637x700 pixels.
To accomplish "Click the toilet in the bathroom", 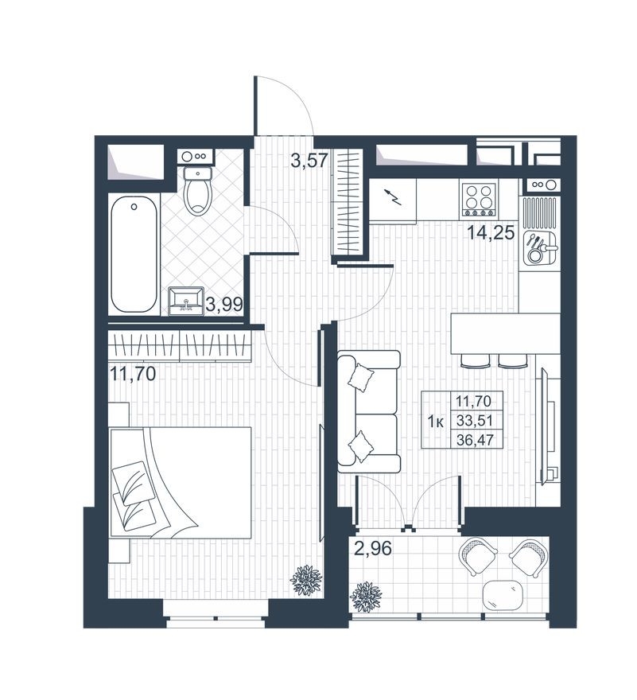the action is point(198,191).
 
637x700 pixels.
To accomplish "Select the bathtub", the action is point(134,255).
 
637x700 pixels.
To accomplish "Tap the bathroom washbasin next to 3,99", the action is point(186,301).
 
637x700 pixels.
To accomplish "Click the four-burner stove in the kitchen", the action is point(479,198).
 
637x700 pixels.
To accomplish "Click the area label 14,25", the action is point(491,233).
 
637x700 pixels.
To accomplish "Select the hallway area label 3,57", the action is point(309,160).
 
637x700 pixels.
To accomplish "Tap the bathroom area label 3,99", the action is point(224,305).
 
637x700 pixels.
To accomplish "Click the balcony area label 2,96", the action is point(373,549).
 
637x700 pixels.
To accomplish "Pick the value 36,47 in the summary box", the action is point(475,440).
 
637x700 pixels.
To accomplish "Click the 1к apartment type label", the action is point(435,422).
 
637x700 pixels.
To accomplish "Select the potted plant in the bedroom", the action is point(306,580).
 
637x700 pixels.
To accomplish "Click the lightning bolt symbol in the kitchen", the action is point(394,196).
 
